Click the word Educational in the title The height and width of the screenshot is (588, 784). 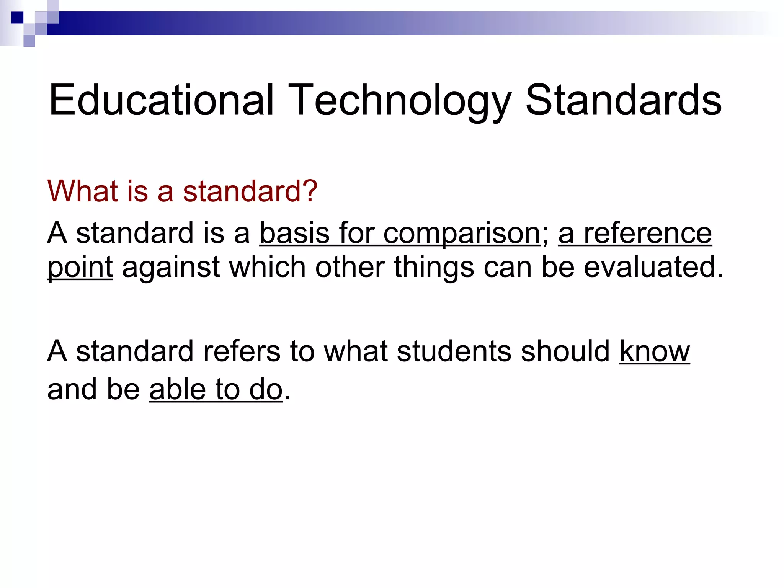[161, 100]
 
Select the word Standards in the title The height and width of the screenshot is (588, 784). [623, 100]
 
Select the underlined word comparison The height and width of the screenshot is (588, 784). [461, 234]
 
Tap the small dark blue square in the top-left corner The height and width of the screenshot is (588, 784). [17, 18]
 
